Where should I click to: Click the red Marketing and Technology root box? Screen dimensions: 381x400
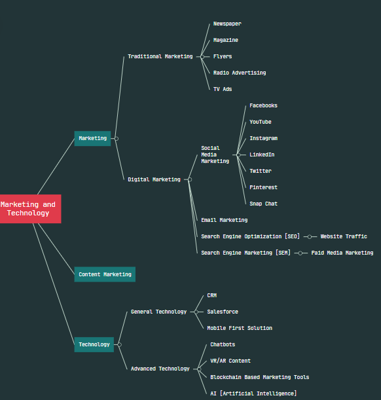(30, 209)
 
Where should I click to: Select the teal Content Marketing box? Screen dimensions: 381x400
(105, 274)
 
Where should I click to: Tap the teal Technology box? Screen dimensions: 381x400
(94, 344)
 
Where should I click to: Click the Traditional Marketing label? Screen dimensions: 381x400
(160, 56)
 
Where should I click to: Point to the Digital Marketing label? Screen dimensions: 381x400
(154, 179)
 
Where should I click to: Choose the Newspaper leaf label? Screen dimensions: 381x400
(227, 24)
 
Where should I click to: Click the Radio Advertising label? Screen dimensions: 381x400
(240, 73)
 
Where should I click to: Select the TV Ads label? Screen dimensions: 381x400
(223, 89)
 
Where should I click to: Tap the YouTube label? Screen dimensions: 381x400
(261, 122)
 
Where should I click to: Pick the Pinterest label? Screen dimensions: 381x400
(263, 187)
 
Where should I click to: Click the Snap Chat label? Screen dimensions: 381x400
(263, 204)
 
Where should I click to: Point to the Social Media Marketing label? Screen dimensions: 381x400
(215, 155)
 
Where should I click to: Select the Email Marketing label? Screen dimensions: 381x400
(224, 220)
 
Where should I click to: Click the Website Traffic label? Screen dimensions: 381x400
(344, 236)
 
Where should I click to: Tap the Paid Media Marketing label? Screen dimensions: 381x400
(342, 253)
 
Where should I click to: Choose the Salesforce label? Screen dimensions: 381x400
(223, 312)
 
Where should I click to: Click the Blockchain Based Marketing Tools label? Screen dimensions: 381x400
(260, 377)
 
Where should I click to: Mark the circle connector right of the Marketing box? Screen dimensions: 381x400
(117, 139)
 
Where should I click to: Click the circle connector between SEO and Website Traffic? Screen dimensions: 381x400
(310, 237)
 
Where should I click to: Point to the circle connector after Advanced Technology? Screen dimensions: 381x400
(199, 369)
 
